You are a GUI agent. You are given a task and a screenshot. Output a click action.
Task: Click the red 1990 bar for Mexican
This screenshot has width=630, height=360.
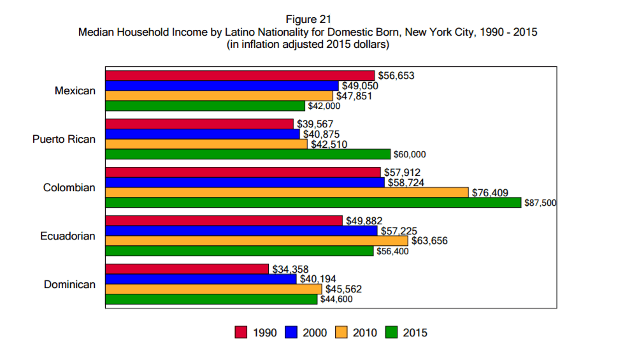click(x=240, y=76)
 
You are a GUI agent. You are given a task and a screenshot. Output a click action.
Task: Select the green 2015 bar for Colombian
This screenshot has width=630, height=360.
click(x=313, y=203)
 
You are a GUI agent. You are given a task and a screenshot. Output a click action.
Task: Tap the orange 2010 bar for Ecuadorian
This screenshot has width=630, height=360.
click(x=256, y=241)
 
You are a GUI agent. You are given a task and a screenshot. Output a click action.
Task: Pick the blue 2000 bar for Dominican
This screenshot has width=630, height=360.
click(x=201, y=279)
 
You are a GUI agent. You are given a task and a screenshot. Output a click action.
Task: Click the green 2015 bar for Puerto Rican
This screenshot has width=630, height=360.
click(x=247, y=154)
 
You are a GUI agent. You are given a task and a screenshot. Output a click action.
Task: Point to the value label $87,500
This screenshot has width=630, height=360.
click(x=540, y=203)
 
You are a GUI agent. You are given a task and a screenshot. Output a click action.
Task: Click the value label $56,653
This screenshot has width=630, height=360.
click(x=396, y=76)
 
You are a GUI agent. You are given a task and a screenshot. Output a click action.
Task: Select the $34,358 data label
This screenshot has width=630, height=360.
click(x=290, y=270)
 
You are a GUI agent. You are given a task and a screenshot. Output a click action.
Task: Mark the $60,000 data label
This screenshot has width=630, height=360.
click(x=409, y=155)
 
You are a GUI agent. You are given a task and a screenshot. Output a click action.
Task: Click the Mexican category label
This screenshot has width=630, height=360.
click(x=75, y=91)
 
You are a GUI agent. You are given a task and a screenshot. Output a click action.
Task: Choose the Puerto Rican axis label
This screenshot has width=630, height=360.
click(x=64, y=140)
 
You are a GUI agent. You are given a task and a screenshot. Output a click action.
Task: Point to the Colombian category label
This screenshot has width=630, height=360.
click(x=69, y=188)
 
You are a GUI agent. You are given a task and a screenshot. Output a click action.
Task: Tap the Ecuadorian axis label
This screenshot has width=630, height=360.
click(x=68, y=236)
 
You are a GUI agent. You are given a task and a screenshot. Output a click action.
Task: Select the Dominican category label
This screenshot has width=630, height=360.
click(x=69, y=285)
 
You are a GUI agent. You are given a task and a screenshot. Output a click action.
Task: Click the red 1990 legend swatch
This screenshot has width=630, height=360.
click(x=241, y=333)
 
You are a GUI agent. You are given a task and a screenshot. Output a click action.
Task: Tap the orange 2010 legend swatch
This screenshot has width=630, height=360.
click(x=341, y=333)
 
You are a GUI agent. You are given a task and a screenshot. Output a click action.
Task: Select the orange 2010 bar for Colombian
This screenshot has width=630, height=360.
click(x=287, y=192)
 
